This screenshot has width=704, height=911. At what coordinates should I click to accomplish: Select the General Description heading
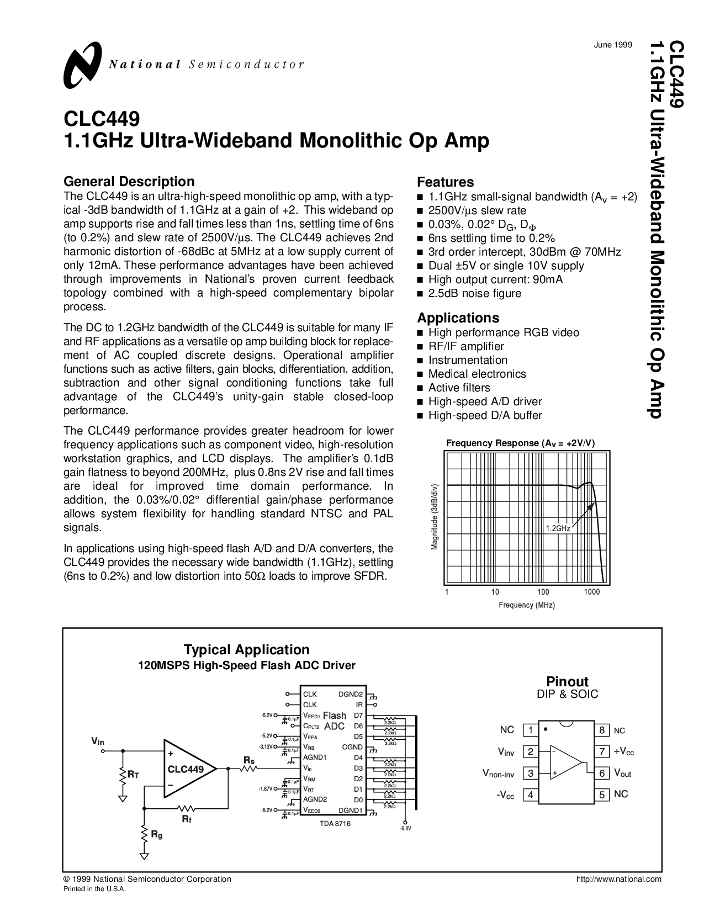point(129,182)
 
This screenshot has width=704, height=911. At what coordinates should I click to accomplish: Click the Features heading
point(445,182)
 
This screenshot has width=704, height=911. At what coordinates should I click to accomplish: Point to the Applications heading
point(458,318)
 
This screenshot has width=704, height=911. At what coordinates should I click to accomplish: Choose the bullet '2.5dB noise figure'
point(474,293)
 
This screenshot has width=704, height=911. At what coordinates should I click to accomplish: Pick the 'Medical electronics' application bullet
point(477,374)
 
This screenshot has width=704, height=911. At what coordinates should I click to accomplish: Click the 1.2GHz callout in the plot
point(558,528)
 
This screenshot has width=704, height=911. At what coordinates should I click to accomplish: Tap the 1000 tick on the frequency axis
point(591,592)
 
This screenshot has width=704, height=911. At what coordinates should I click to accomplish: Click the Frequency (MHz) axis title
point(527,605)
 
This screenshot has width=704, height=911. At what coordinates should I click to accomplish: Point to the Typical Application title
point(246,650)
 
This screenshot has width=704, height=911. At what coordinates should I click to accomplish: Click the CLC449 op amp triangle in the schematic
point(188,769)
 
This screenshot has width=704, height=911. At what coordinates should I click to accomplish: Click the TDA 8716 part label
point(335,823)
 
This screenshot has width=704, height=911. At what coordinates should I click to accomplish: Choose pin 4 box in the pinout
point(531,795)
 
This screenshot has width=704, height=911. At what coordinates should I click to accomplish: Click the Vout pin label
point(622,774)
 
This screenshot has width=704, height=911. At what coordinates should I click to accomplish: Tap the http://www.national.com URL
point(618,879)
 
